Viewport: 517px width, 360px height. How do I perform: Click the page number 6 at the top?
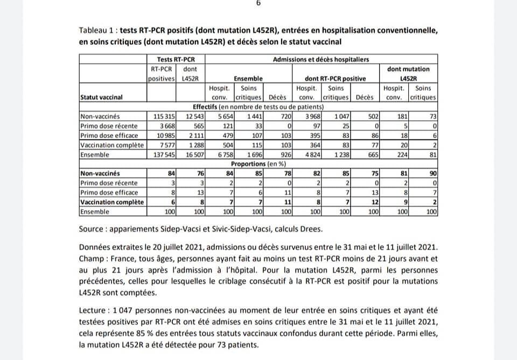point(258,3)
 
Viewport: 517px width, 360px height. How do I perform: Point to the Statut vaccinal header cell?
point(101,97)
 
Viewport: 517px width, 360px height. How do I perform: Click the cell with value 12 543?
point(190,116)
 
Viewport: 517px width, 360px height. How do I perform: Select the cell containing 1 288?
point(190,145)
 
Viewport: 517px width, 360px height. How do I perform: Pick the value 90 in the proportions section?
point(432,174)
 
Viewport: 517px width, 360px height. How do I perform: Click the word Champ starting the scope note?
point(92,258)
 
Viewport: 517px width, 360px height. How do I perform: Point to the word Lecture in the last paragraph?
point(93,310)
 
